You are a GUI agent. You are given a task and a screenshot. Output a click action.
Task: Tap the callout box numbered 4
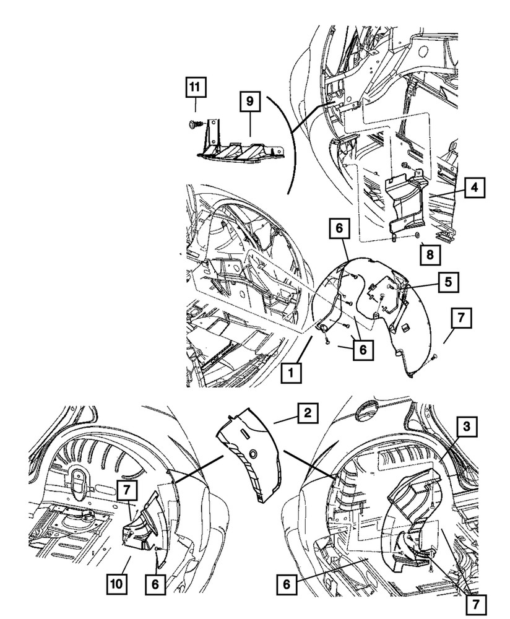[x=474, y=188]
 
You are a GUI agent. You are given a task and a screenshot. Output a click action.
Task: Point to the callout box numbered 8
[x=430, y=254]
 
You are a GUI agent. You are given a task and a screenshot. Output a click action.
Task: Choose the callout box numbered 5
[x=448, y=282]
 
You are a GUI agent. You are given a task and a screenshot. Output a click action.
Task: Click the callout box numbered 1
[x=291, y=373]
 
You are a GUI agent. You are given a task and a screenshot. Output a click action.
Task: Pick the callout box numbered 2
[x=307, y=413]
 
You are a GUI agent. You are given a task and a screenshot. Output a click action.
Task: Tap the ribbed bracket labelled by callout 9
[x=240, y=148]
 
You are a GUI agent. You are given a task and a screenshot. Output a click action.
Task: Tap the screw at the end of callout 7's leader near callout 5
[x=434, y=357]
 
